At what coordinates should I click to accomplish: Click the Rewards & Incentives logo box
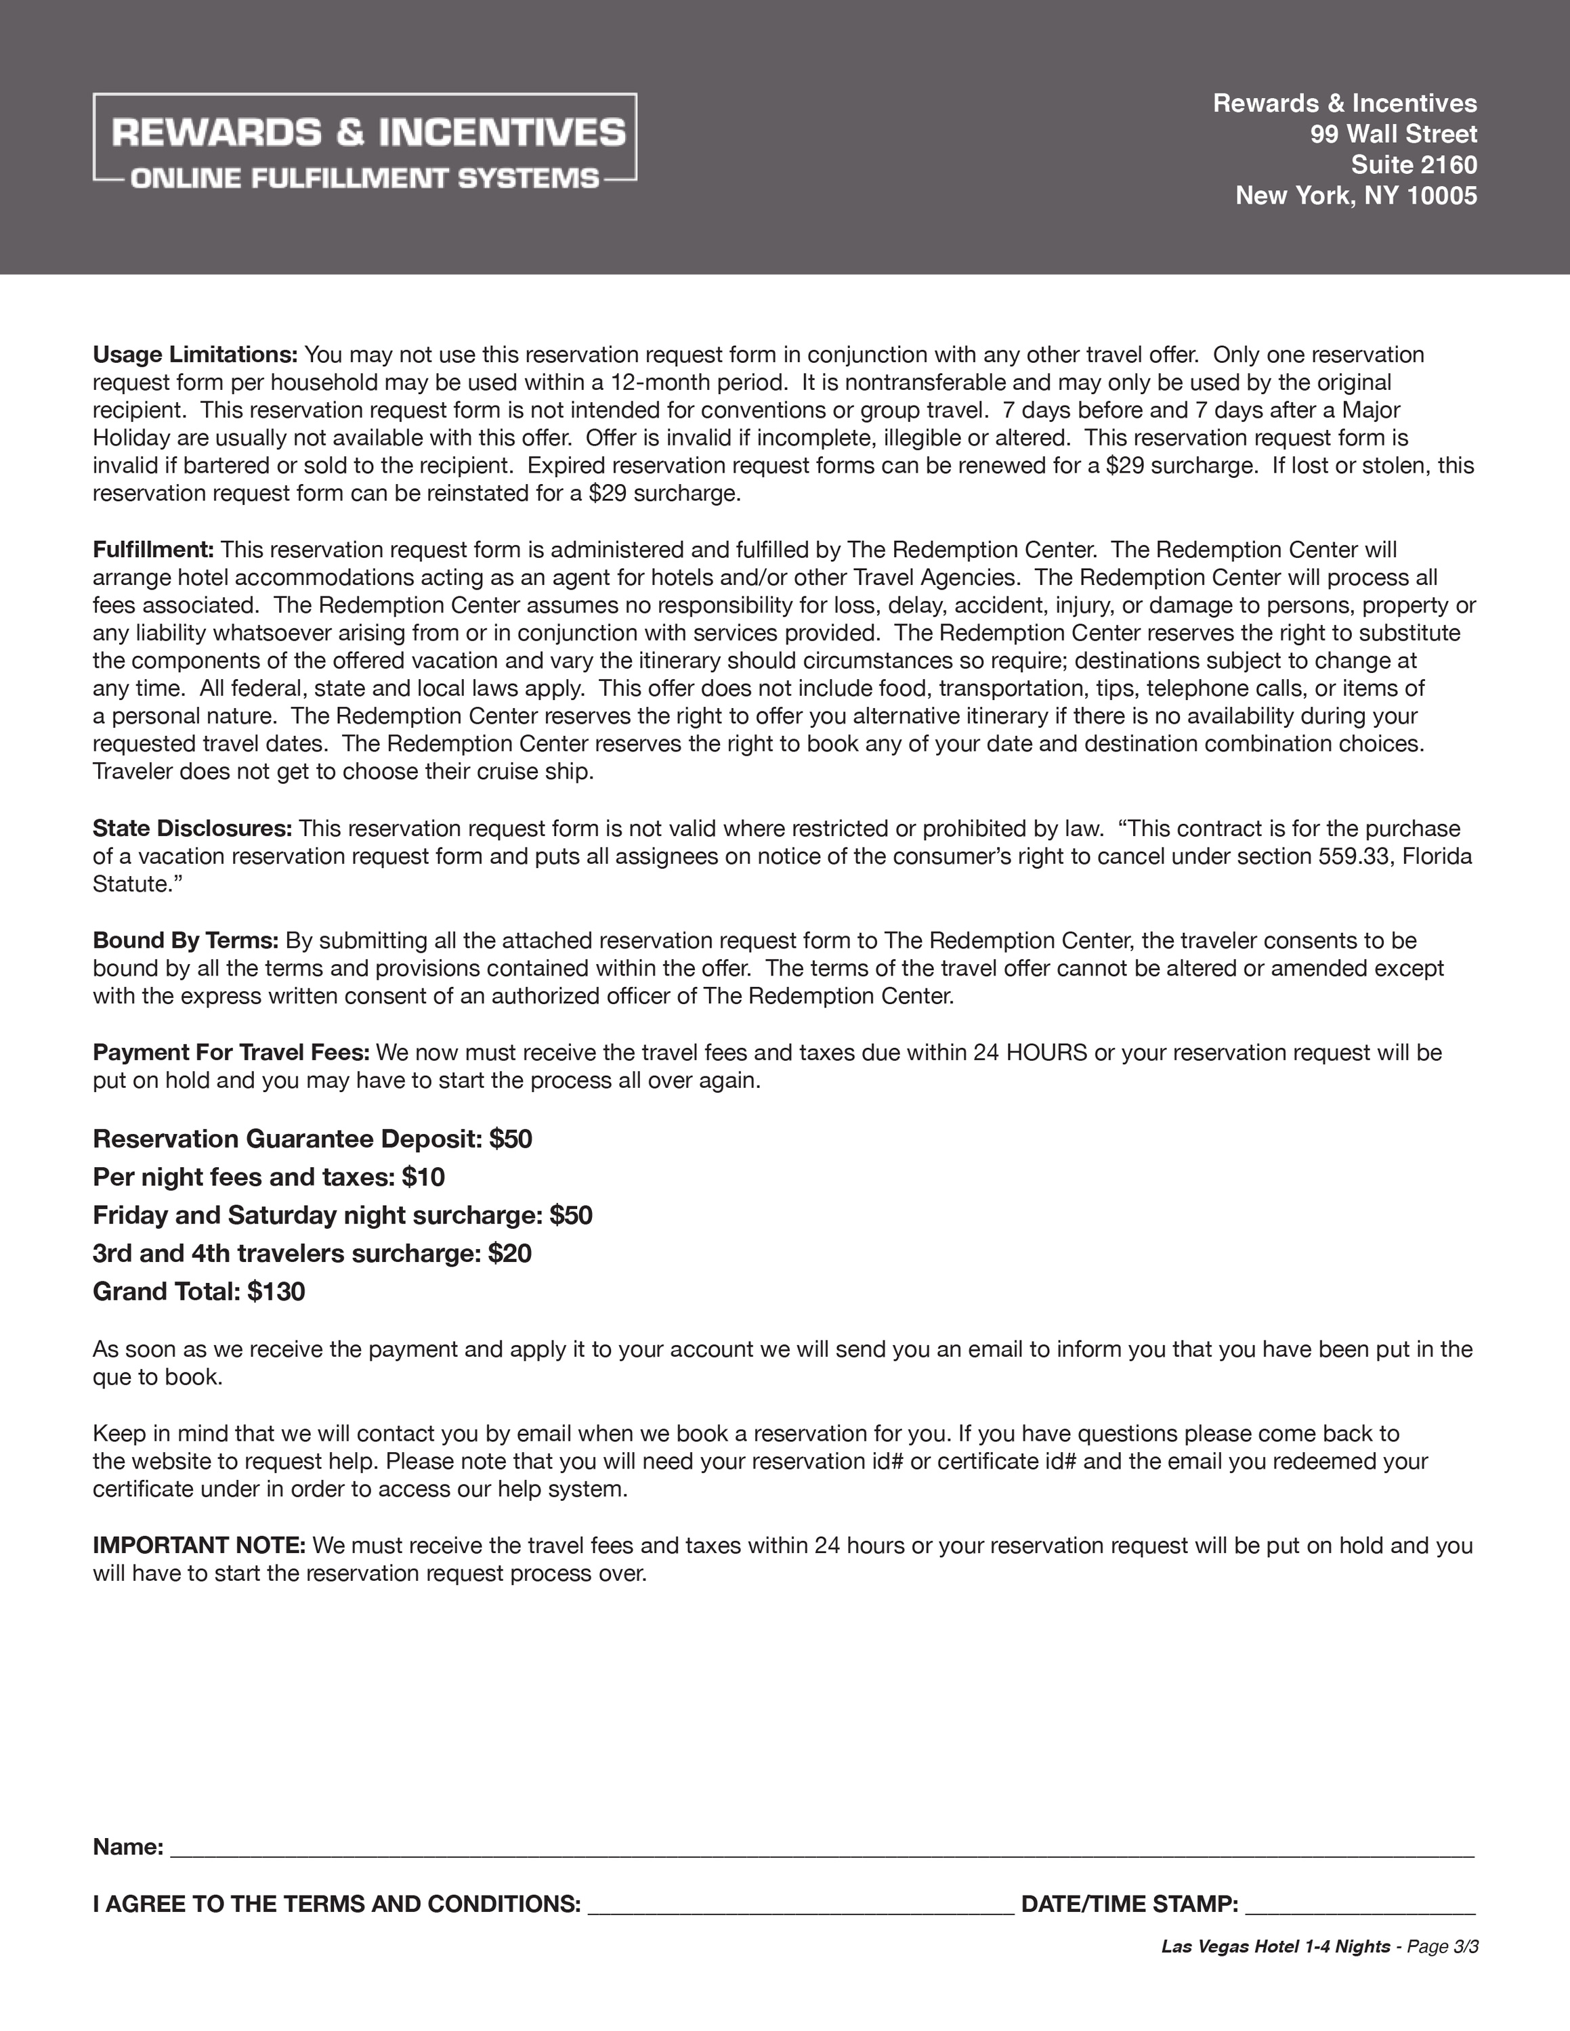tap(364, 137)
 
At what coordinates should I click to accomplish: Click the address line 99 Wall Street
tap(1393, 134)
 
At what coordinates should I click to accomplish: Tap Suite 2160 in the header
tap(1413, 165)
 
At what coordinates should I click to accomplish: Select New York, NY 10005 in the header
tap(1355, 195)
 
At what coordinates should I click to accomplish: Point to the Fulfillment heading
tap(154, 550)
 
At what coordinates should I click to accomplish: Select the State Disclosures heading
tap(192, 829)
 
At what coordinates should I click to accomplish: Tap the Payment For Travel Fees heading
tap(231, 1053)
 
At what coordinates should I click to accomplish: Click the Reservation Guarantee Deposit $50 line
tap(312, 1139)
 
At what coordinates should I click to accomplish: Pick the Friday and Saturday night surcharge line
tap(342, 1215)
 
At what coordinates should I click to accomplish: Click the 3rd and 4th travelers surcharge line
tap(312, 1254)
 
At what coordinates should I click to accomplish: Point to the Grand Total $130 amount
tap(276, 1292)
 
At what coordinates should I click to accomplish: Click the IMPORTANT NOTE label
tap(199, 1546)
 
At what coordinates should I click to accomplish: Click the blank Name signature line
tap(818, 1847)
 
